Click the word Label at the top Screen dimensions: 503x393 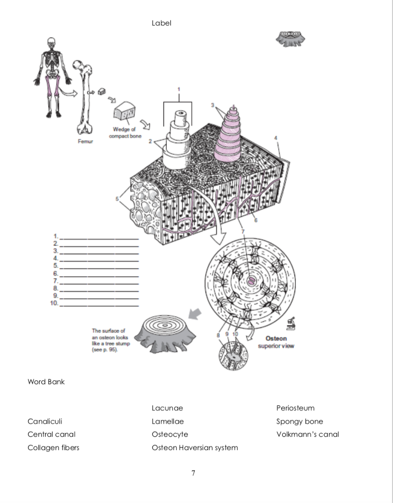(161, 23)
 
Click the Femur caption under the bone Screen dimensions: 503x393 (85, 141)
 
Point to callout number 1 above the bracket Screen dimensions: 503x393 (179, 89)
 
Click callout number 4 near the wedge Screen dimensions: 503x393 (276, 138)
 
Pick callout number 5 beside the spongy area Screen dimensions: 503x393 (117, 198)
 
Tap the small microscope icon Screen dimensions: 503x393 (290, 325)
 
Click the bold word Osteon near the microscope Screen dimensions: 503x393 (276, 338)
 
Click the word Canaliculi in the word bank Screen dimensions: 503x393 (45, 421)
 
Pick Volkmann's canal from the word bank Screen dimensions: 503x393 (307, 434)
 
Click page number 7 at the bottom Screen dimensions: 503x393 (193, 474)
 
